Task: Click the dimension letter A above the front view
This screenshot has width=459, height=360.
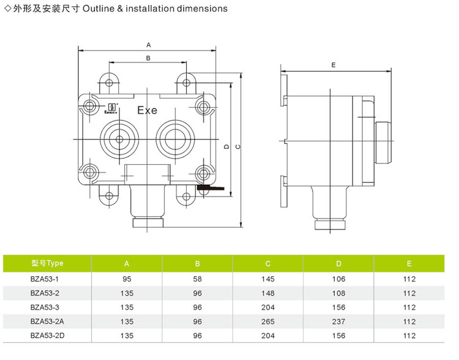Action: tap(148, 45)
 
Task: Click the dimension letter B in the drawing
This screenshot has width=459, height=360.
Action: tap(148, 58)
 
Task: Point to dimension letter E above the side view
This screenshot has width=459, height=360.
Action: tap(333, 64)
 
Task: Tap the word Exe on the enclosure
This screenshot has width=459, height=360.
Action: tap(147, 111)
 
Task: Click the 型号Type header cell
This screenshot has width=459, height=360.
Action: tap(48, 263)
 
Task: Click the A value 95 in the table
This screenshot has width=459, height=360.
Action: tap(127, 279)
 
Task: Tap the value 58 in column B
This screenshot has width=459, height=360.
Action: tap(198, 279)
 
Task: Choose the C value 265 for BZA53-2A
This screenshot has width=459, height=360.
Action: tap(268, 321)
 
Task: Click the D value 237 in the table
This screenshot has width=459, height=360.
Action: tap(339, 321)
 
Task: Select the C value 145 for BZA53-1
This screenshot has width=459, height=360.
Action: tap(268, 279)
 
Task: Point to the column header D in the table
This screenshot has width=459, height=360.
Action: tap(339, 264)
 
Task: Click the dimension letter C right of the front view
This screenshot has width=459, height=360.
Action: tap(237, 146)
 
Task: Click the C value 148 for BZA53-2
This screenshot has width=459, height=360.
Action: tap(268, 293)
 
